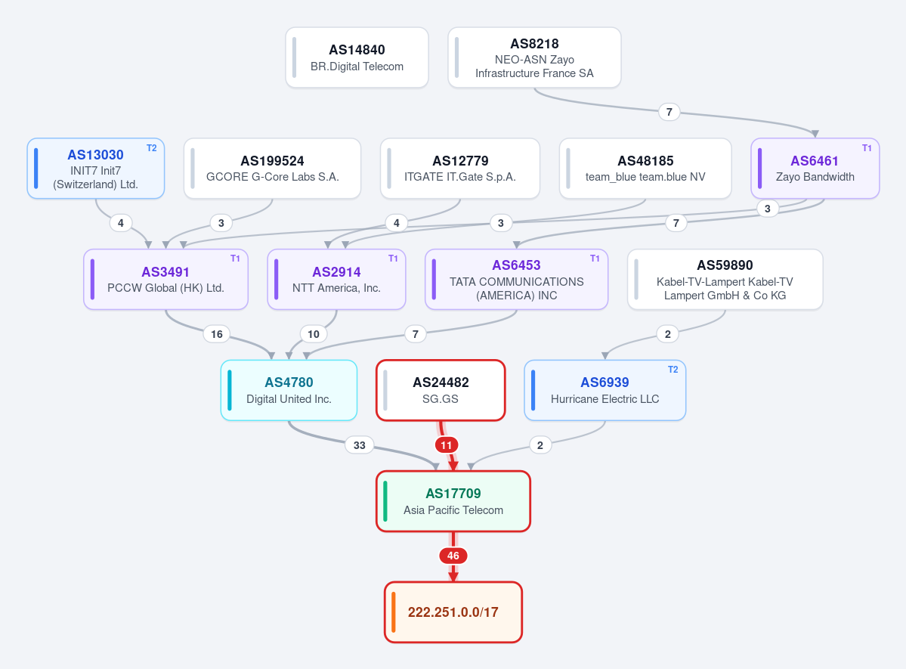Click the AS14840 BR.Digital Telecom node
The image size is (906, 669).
point(357,57)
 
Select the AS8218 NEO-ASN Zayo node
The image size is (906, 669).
point(534,57)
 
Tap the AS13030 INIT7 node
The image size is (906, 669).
point(96,169)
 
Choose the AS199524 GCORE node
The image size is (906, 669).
point(272,169)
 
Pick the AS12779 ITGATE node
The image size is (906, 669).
point(460,169)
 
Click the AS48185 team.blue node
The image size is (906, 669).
point(645,169)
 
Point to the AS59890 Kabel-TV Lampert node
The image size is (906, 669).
point(725,279)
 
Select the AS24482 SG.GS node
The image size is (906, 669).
point(441,390)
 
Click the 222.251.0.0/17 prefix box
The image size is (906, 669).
point(453,612)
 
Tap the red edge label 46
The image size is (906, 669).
point(453,556)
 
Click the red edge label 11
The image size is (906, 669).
point(446,445)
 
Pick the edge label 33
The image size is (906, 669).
point(360,445)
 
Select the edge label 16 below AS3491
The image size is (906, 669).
point(217,334)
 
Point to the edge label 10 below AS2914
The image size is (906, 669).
point(313,334)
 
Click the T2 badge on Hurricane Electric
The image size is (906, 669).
point(673,370)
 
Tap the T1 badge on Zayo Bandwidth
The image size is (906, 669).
point(867,148)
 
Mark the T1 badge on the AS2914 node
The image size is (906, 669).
point(393,259)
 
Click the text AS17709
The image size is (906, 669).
point(453,493)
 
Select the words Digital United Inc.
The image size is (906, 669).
point(289,399)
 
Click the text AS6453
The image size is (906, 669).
point(517,265)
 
